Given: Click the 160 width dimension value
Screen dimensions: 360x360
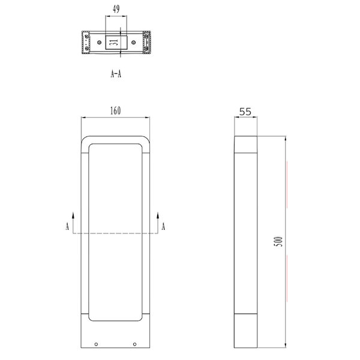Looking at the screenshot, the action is pos(115,110).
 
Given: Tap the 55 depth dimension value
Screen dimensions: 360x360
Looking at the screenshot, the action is pos(245,112).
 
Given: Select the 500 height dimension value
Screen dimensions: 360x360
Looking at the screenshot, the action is pos(278,242).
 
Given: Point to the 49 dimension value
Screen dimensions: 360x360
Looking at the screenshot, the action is pos(116,9).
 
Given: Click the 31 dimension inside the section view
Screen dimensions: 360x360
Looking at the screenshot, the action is pos(114,42).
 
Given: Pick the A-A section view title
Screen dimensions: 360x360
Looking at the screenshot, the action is pos(116,74).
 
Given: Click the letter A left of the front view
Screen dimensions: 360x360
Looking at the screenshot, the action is pos(67,226).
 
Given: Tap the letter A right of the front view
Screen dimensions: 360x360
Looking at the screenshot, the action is pos(163,226).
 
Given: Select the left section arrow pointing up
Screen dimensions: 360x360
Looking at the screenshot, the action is pos(73,223).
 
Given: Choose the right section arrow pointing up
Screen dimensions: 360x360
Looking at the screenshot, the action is pos(158,223).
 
